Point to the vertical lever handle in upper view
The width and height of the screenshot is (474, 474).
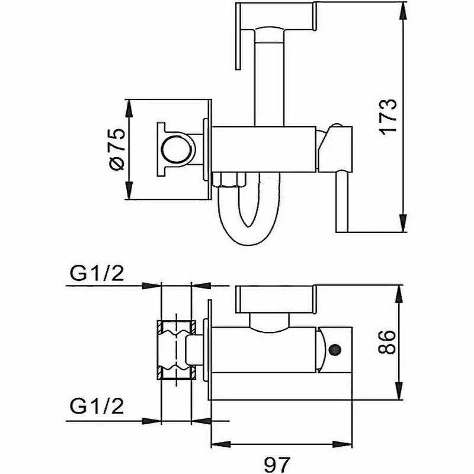[342, 201]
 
